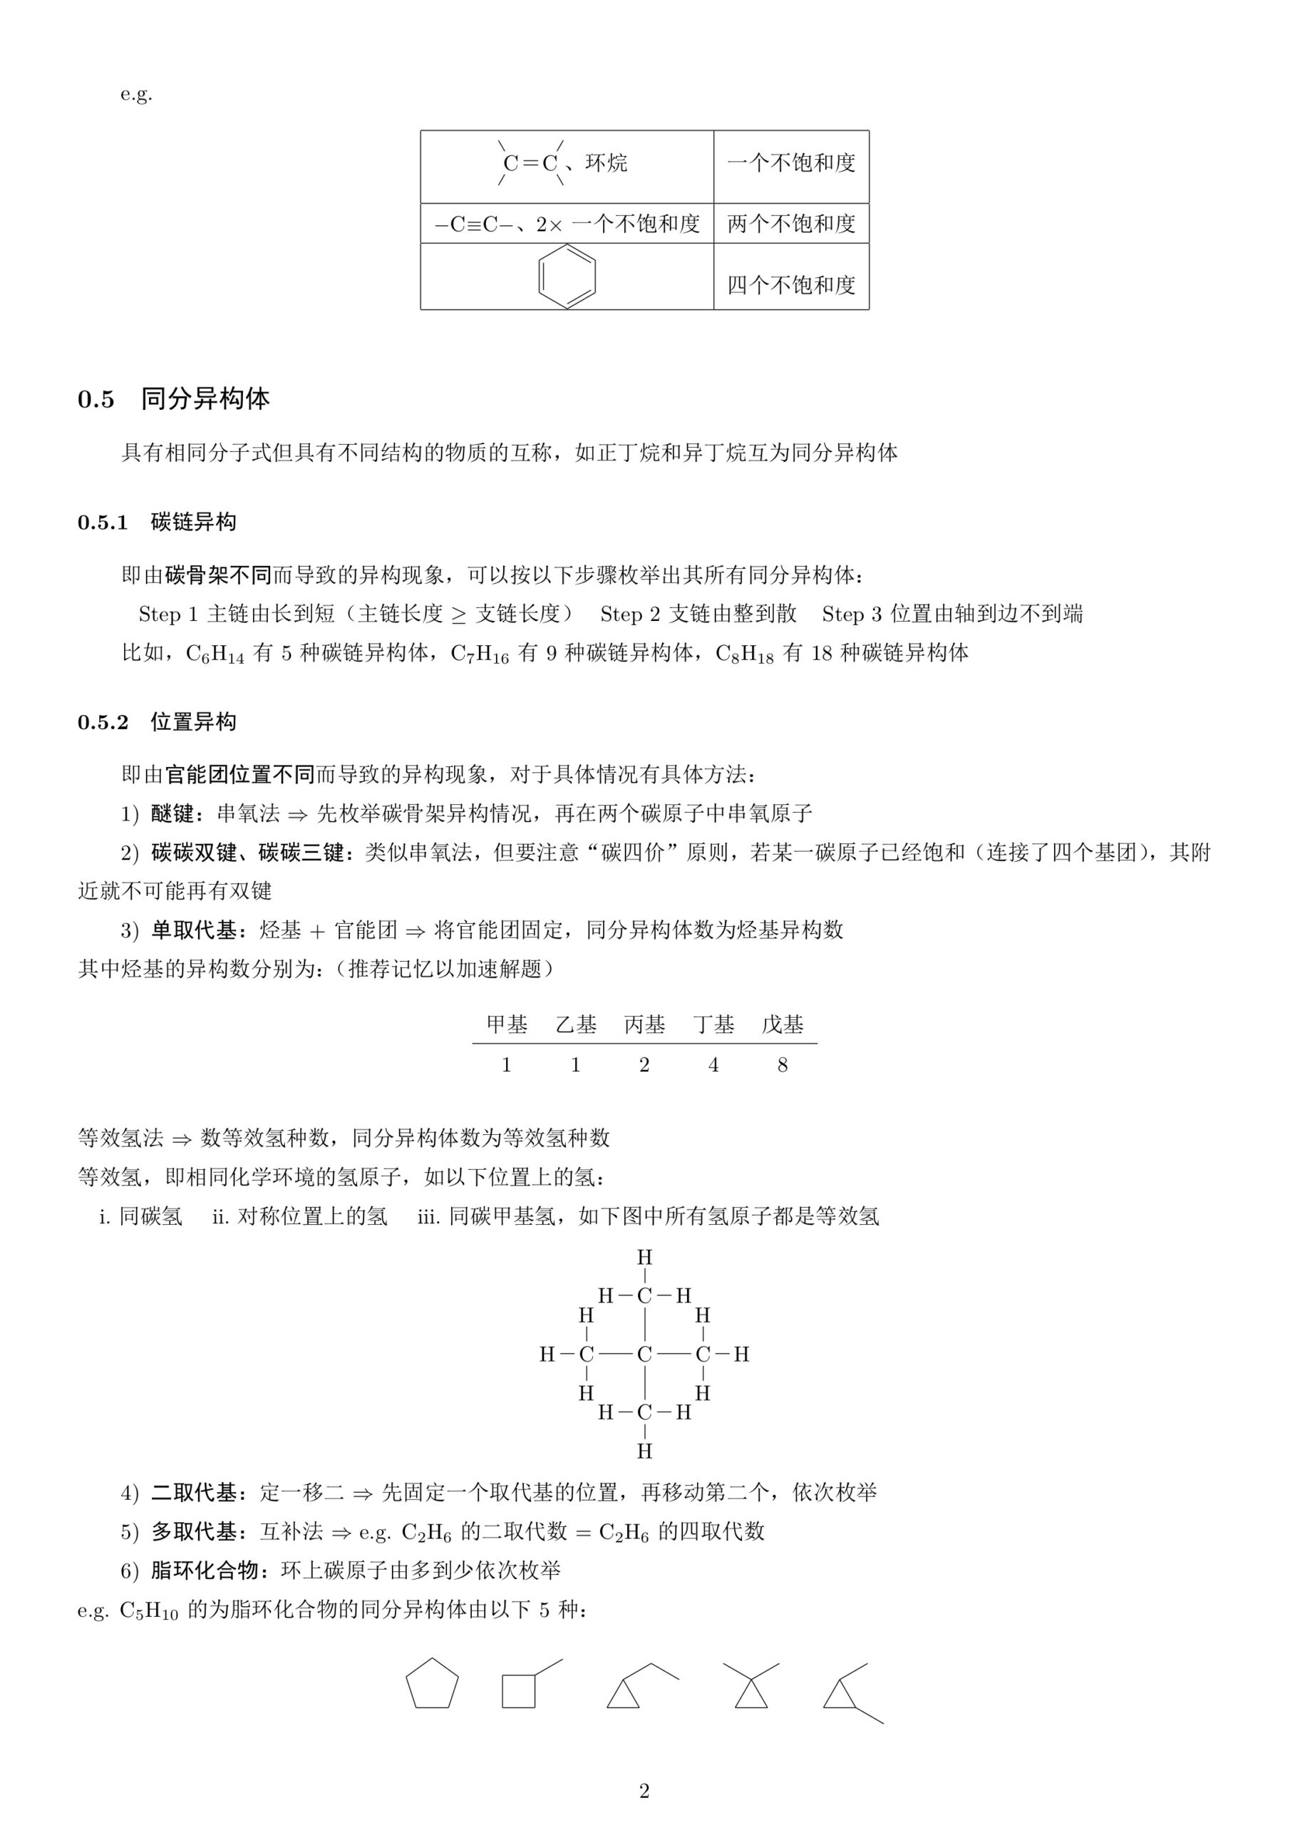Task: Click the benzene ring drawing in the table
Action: (567, 276)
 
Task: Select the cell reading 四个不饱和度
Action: (791, 284)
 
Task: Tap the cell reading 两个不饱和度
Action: (791, 224)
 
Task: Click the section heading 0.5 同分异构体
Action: (173, 399)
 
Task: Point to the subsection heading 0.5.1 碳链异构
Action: (158, 523)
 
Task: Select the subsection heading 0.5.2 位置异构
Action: (158, 721)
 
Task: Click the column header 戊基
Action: (782, 1024)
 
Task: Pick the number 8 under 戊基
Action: (782, 1065)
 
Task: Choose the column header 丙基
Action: (644, 1024)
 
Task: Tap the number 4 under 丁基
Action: (713, 1065)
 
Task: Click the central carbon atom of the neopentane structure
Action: (644, 1354)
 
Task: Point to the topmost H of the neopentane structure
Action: (644, 1258)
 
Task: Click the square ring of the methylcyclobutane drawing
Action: (518, 1692)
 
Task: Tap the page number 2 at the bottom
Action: (644, 1791)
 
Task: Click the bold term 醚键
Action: (172, 813)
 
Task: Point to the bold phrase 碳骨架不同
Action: (218, 575)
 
